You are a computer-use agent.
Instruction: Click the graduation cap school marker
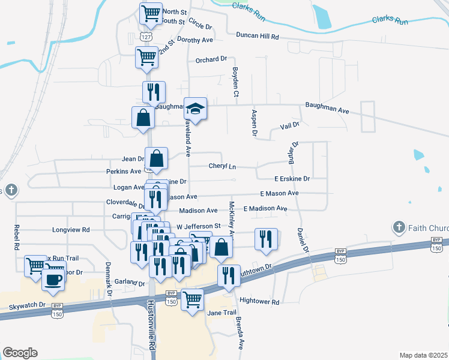click(195, 109)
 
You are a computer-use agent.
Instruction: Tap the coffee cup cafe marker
click(53, 280)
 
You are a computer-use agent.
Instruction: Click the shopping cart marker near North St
click(151, 12)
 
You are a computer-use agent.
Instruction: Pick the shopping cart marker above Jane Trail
click(193, 299)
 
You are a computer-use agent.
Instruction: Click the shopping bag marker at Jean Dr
click(156, 159)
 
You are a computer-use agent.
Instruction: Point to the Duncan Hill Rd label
click(258, 36)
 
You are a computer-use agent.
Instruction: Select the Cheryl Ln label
click(222, 166)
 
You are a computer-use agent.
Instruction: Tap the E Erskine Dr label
click(292, 179)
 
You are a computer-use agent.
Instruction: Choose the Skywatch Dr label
click(26, 305)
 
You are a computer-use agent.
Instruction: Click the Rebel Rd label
click(16, 238)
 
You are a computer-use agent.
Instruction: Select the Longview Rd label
click(71, 230)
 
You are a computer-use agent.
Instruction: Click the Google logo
click(20, 353)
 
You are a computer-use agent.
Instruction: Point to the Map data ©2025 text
click(423, 355)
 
